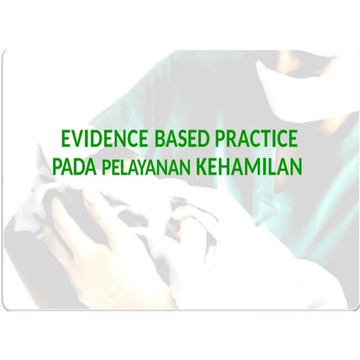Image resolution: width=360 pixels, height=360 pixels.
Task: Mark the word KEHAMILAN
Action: pos(247,167)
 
